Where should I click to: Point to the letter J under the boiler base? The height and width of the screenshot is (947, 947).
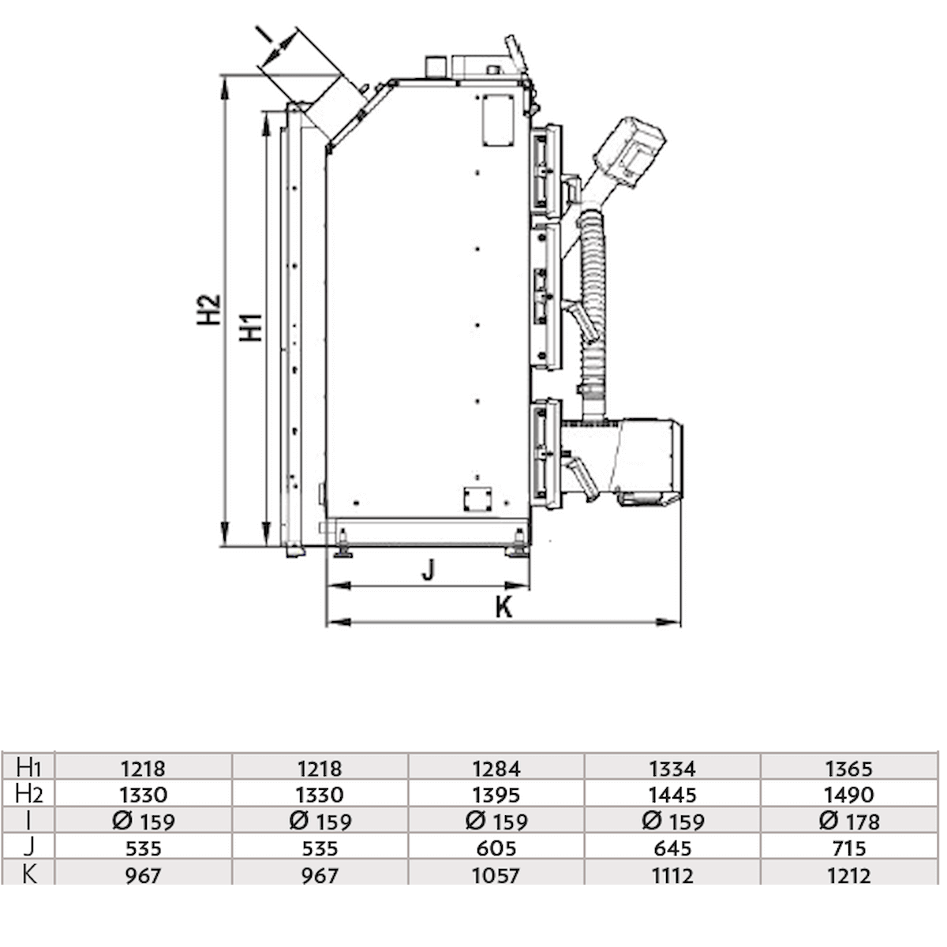(428, 570)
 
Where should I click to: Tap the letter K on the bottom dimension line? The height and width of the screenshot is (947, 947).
(503, 608)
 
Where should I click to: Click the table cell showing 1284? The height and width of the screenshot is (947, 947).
(496, 768)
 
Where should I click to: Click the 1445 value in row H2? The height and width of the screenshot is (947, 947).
(672, 795)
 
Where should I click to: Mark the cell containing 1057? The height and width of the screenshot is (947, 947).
(496, 874)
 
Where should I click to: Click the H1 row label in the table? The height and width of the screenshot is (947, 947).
(28, 767)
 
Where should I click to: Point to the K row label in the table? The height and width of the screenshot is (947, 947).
(28, 874)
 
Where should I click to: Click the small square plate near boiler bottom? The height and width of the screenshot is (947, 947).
(477, 498)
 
